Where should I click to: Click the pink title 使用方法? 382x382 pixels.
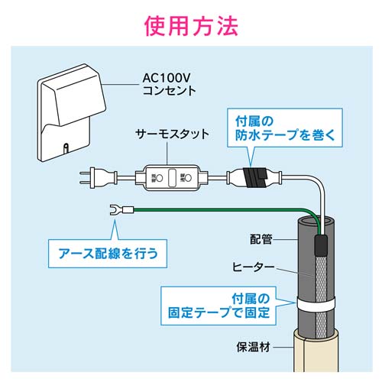tap(191, 24)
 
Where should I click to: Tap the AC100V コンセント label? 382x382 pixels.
tap(169, 84)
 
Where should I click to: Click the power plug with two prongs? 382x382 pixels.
tap(92, 180)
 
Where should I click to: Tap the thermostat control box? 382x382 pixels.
tap(172, 178)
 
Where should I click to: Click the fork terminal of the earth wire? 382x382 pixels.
tap(118, 208)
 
